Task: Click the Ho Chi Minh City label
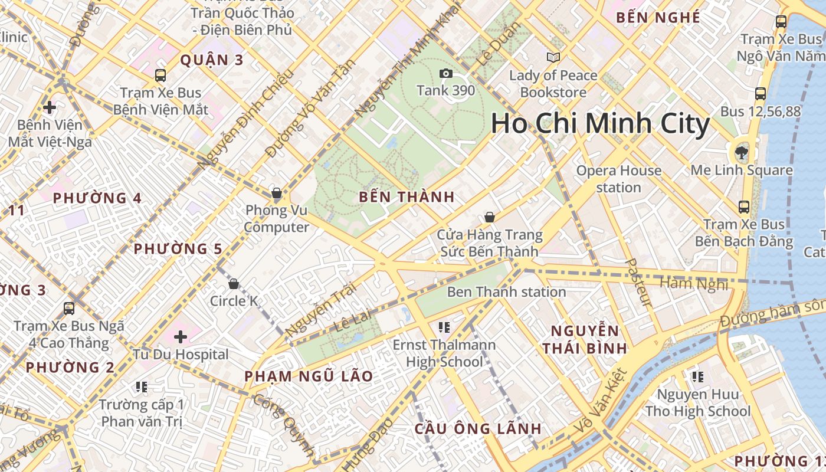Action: (600, 124)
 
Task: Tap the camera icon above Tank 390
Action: (446, 73)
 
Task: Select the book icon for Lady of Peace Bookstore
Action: (553, 57)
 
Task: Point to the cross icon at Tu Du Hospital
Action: (181, 337)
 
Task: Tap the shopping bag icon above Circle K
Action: (234, 284)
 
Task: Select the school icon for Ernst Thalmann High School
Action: (444, 327)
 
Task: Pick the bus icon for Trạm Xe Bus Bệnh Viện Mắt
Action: (160, 75)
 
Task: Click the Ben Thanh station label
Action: (506, 291)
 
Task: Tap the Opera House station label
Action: (618, 179)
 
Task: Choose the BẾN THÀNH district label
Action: (407, 197)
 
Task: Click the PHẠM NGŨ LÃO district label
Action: (309, 376)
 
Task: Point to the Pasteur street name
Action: (638, 283)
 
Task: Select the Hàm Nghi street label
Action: (694, 283)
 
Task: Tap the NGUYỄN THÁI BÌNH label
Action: (585, 339)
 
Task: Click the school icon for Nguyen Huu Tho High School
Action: (697, 376)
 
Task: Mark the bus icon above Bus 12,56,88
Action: (761, 93)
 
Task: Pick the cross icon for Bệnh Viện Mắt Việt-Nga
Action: (50, 107)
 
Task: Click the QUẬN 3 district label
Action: (212, 60)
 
